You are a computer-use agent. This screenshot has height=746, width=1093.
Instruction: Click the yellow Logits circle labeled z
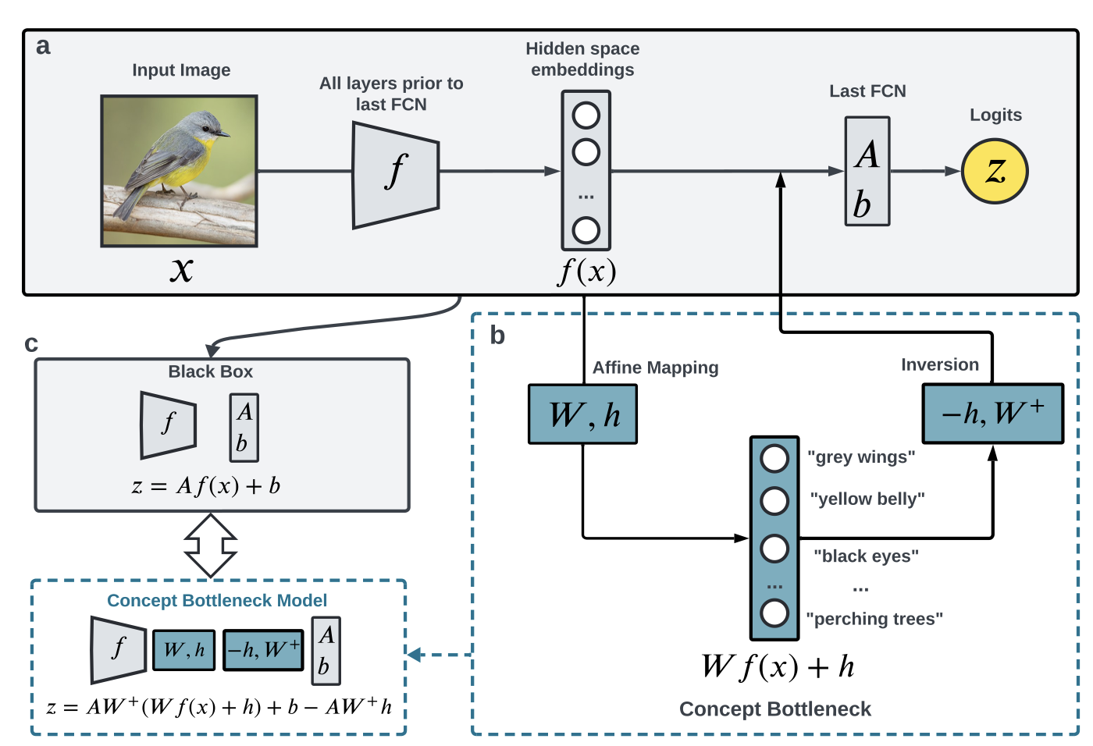click(x=994, y=171)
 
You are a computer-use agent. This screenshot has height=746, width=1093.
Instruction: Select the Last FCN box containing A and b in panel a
click(x=867, y=171)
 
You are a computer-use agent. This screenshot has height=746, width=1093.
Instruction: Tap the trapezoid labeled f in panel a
click(x=396, y=175)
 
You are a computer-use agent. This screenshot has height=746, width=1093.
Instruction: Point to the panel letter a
click(x=43, y=46)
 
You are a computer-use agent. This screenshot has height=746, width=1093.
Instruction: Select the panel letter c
click(x=31, y=343)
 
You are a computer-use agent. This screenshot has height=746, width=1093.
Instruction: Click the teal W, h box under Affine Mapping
click(x=582, y=414)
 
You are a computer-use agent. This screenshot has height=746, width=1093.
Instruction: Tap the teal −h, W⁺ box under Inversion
click(x=992, y=413)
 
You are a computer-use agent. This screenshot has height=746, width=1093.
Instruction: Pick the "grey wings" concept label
click(x=860, y=457)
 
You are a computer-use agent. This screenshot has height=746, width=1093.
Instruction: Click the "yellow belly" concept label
click(x=867, y=499)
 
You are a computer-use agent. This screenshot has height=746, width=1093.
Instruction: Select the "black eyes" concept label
click(x=866, y=556)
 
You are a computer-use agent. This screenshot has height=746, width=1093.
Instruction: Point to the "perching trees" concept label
click(x=874, y=619)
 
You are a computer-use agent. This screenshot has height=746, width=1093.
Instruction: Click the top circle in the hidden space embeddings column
click(x=586, y=115)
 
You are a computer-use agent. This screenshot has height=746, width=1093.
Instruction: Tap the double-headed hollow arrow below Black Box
click(x=211, y=545)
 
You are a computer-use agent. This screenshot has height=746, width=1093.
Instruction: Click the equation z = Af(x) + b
click(x=206, y=486)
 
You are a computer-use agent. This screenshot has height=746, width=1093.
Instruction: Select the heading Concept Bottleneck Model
click(x=217, y=600)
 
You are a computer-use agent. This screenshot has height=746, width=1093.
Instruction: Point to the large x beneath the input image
click(x=181, y=269)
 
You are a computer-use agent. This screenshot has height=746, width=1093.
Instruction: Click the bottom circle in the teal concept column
click(x=774, y=613)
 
